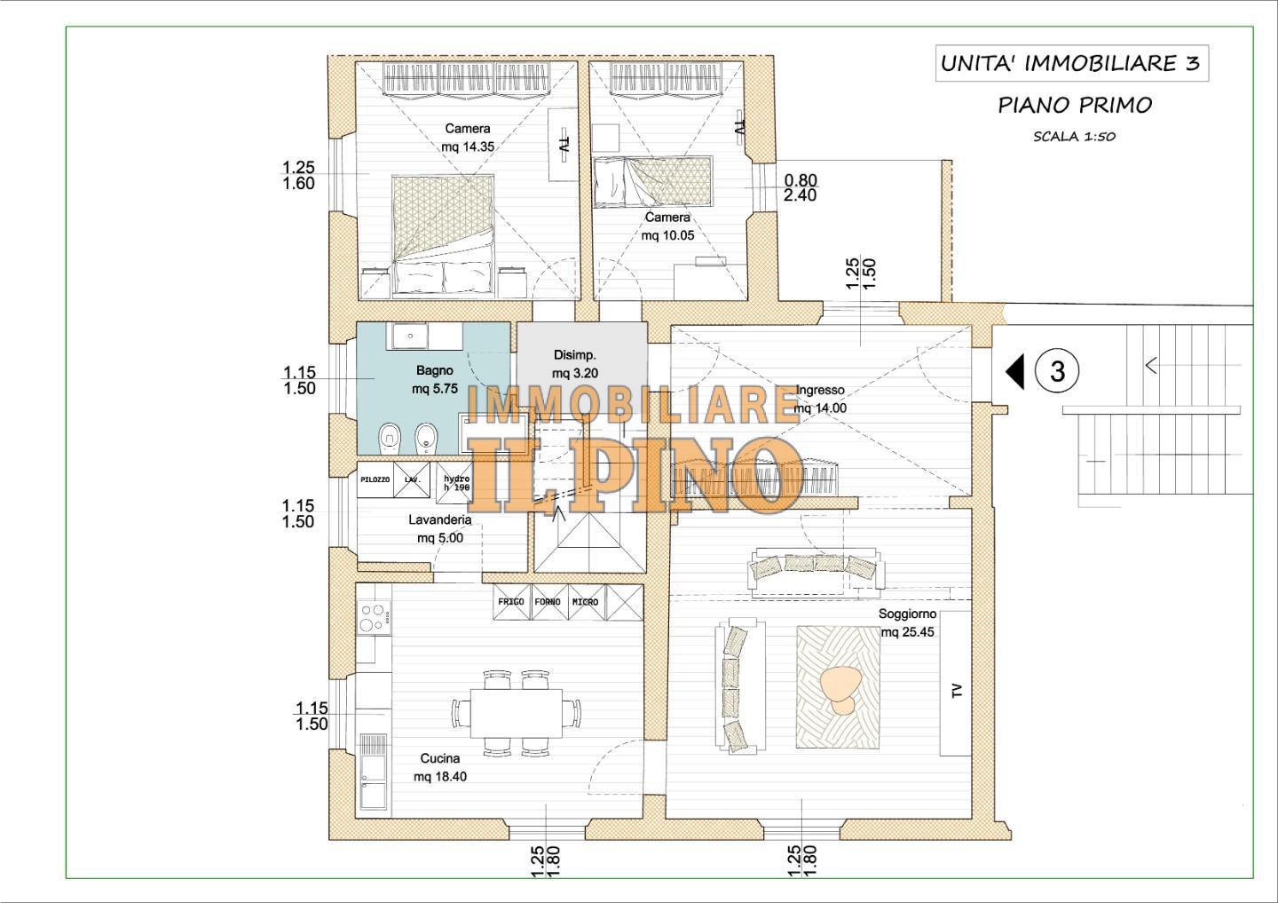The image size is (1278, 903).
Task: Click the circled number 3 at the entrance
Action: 1057,371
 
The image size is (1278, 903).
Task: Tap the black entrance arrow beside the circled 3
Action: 1015,371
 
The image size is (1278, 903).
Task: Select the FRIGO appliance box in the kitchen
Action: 511,602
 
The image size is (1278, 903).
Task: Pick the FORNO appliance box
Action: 548,602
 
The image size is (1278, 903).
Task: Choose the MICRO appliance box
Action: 586,602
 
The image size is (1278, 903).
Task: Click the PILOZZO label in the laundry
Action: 375,479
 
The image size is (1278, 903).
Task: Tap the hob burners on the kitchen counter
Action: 374,617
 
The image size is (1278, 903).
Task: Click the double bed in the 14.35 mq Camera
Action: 443,234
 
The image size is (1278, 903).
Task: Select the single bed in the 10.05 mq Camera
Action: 652,181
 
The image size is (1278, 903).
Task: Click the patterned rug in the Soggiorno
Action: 839,686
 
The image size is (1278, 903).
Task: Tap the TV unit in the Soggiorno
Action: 956,684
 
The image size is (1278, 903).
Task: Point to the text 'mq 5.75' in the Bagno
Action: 435,389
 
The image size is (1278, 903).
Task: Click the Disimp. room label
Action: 575,355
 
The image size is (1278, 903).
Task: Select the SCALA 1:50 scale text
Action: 1074,137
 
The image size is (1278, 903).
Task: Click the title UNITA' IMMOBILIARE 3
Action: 1071,63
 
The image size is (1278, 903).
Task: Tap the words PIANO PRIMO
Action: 1075,105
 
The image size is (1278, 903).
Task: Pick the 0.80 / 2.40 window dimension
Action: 800,188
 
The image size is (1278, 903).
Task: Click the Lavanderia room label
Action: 440,519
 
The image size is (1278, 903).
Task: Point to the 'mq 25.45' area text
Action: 908,632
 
